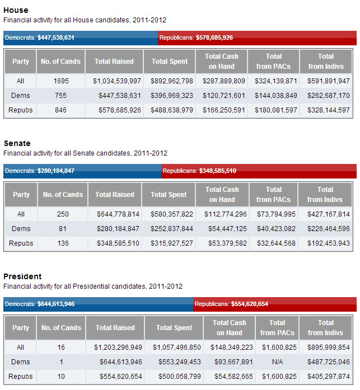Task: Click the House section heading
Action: pos(16,10)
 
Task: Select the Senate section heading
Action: pos(17,143)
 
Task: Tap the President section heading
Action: pos(22,276)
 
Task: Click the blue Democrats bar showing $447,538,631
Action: pos(81,38)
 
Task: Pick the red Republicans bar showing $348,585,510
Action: pos(259,171)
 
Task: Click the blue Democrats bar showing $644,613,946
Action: pos(99,304)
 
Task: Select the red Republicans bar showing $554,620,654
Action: pos(275,304)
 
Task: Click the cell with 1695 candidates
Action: pos(61,81)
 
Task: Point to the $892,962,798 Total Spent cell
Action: pos(172,81)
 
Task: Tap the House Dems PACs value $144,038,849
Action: pos(274,96)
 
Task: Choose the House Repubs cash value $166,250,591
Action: pos(222,110)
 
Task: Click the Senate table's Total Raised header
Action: pos(115,195)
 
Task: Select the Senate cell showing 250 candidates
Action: pos(61,214)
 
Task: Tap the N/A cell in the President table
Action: pos(277,362)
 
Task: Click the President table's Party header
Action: pos(21,328)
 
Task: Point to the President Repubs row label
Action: pos(21,377)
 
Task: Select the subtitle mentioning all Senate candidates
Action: pos(85,153)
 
